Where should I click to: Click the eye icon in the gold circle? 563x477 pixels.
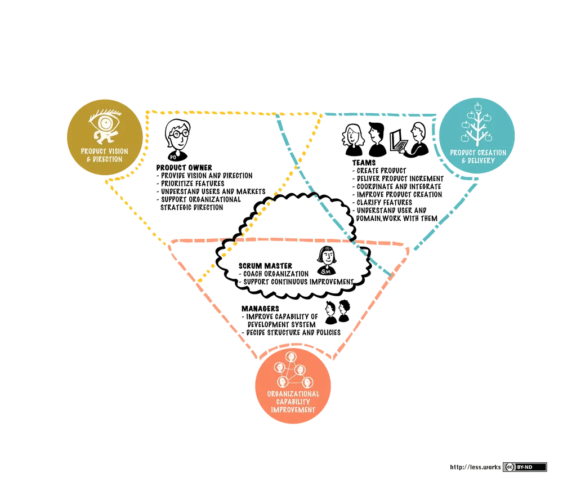(x=105, y=126)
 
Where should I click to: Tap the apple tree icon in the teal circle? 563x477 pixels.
(x=477, y=124)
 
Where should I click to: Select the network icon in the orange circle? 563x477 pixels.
(x=293, y=371)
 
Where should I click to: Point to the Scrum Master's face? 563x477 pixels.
(x=327, y=256)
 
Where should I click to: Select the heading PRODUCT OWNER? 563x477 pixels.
(x=184, y=168)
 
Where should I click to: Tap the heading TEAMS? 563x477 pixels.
(x=364, y=163)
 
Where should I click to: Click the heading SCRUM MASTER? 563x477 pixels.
(x=265, y=266)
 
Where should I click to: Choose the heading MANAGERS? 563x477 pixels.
(x=260, y=309)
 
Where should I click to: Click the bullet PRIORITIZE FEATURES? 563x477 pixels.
(x=190, y=184)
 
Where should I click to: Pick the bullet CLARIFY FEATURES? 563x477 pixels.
(x=382, y=203)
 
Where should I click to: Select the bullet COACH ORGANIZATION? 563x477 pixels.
(x=274, y=274)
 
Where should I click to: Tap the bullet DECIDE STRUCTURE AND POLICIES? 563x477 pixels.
(x=291, y=333)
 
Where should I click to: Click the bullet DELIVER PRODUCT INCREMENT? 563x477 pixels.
(x=398, y=179)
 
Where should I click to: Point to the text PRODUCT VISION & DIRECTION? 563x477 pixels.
(x=105, y=155)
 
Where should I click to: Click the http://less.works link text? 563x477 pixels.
(x=475, y=467)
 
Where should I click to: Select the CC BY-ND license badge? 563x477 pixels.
(x=525, y=467)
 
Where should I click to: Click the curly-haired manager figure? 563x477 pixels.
(x=344, y=311)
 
